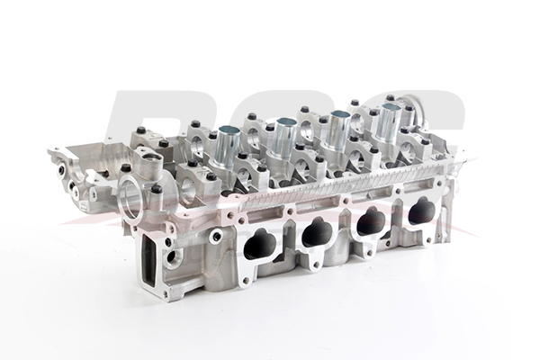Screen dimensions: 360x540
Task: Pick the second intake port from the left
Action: (316, 234)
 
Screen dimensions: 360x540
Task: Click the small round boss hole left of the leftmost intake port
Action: (217, 237)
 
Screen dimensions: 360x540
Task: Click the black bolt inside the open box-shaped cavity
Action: (125, 167)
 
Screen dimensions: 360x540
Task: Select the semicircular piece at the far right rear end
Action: (417, 101)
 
